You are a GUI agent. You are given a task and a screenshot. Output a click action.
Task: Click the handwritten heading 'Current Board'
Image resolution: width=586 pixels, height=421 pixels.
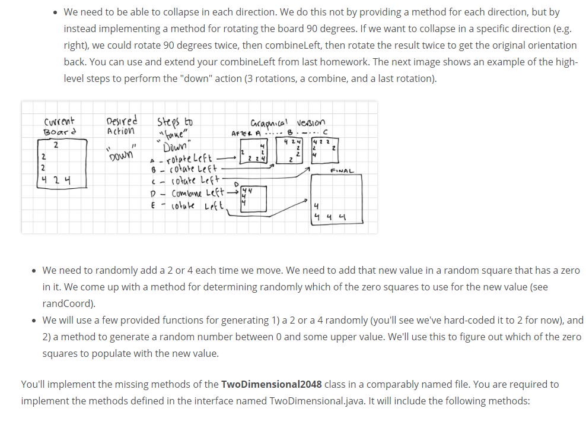click(x=59, y=126)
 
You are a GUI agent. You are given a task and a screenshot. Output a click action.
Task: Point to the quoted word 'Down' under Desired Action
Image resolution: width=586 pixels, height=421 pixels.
click(x=121, y=155)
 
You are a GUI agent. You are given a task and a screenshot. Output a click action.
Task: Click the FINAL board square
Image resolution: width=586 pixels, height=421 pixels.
click(x=336, y=200)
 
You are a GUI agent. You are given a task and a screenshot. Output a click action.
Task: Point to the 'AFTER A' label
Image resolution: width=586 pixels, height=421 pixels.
click(x=243, y=132)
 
